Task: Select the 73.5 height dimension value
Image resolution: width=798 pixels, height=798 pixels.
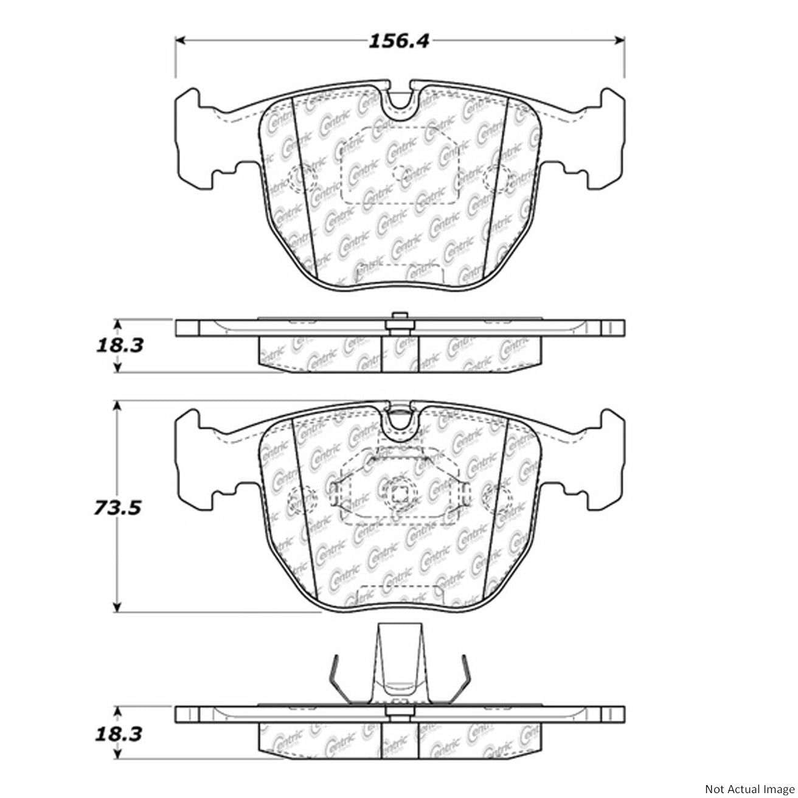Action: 117,507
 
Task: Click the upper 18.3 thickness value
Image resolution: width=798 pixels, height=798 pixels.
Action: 119,345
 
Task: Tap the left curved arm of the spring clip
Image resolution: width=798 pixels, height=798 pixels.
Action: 335,678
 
